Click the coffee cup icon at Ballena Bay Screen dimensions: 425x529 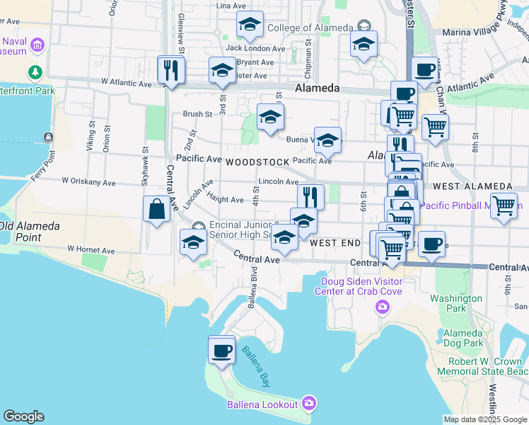click(x=221, y=350)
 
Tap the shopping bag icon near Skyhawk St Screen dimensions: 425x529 click(x=156, y=210)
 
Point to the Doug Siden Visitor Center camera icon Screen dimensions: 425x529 click(x=383, y=307)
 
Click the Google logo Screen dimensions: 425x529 click(x=23, y=416)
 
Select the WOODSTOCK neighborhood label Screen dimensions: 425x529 click(x=257, y=162)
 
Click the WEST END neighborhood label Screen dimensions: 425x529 click(x=335, y=242)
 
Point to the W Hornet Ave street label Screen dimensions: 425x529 click(x=87, y=250)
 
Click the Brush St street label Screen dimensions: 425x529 click(x=197, y=113)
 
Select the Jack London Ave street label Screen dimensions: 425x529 click(x=255, y=48)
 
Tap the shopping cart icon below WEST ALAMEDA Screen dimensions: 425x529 click(x=504, y=206)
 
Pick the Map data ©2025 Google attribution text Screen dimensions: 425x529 click(x=485, y=419)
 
